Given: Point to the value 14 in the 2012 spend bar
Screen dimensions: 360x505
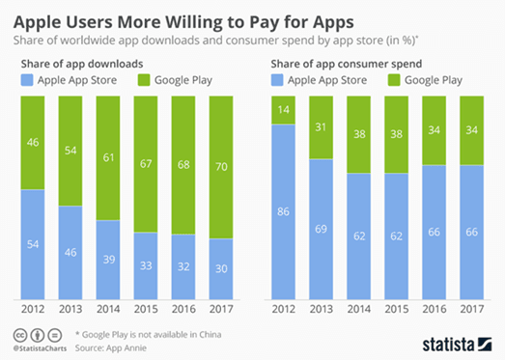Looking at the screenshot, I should pyautogui.click(x=284, y=109).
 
